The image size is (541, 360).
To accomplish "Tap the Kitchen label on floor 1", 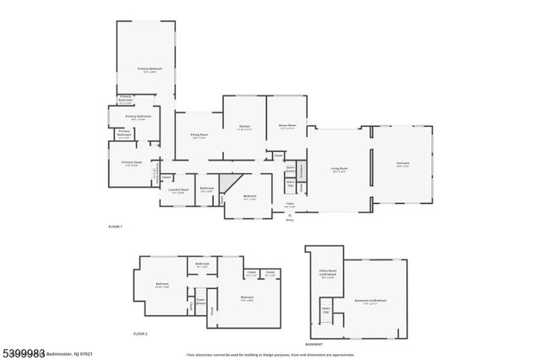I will (x=244, y=127).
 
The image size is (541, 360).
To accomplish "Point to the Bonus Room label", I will (x=287, y=126).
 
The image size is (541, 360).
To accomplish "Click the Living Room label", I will (x=339, y=169).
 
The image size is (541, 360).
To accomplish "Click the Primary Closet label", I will (x=131, y=162).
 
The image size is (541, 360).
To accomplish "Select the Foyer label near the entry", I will (x=289, y=204).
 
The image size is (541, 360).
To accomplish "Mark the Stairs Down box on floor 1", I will (x=290, y=168).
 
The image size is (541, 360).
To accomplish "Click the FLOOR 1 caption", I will (x=116, y=226).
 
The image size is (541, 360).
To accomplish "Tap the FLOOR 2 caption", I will (x=141, y=334).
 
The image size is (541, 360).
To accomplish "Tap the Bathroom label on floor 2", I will (x=202, y=265).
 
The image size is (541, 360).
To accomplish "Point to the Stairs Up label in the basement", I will (x=325, y=310).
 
